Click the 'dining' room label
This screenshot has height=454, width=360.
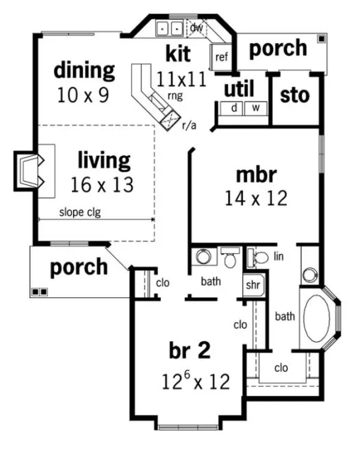[x=85, y=70]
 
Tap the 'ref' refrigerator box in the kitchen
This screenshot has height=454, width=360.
[x=221, y=57]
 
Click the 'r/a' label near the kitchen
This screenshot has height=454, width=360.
[x=190, y=124]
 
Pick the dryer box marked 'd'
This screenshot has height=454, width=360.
[x=233, y=108]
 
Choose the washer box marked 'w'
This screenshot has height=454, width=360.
[x=255, y=108]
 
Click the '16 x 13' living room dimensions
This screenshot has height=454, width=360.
[x=101, y=184]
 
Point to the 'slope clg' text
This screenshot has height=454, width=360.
[x=79, y=212]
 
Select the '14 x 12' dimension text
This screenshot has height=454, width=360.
[x=255, y=198]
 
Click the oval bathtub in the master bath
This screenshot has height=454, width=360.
[x=317, y=320]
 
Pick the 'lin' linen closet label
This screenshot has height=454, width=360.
[x=278, y=256]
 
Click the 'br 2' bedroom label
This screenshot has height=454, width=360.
[x=190, y=351]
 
